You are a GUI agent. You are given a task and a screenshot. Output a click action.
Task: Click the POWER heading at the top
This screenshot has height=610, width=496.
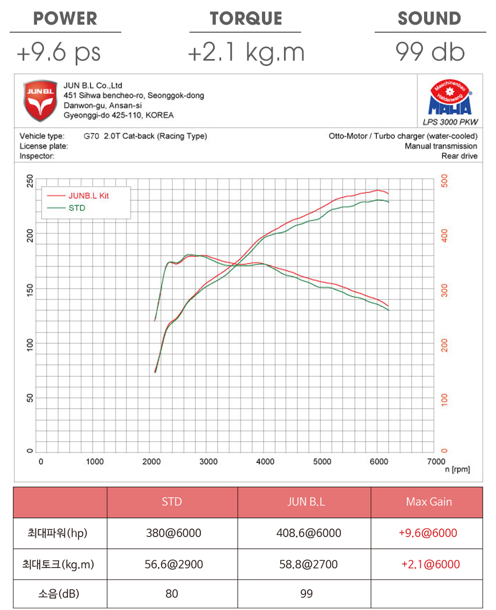tap(65, 18)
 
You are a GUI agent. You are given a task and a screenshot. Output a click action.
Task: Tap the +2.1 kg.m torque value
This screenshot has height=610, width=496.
tap(246, 53)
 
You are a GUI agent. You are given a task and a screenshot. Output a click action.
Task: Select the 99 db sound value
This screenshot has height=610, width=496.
tap(430, 52)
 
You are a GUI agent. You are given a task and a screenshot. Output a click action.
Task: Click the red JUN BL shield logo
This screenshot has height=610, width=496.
tap(40, 101)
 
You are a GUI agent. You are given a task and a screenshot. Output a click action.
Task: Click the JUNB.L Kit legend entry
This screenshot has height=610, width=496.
tap(88, 196)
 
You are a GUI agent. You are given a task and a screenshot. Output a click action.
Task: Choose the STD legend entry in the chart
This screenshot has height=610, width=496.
tap(77, 208)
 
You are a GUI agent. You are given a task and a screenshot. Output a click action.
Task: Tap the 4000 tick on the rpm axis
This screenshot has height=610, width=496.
tap(265, 461)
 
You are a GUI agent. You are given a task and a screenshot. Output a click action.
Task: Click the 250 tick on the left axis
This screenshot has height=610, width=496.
tap(30, 181)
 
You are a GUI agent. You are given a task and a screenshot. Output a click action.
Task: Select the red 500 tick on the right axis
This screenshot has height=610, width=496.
tap(444, 181)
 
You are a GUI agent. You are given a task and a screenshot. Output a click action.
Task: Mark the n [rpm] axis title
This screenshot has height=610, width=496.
tap(457, 469)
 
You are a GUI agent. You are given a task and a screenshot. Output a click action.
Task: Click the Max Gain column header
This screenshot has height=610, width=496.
tap(429, 502)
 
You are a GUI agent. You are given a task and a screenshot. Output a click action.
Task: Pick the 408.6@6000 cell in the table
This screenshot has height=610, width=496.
tap(304, 533)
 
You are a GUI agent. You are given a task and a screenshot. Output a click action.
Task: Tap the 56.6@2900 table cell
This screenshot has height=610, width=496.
tap(172, 564)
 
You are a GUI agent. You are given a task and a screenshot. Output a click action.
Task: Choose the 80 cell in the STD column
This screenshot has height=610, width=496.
tap(172, 594)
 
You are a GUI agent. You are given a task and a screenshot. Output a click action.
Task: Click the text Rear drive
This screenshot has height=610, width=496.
tap(459, 156)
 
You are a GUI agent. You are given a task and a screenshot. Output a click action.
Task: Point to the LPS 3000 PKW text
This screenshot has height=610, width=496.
tap(449, 122)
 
